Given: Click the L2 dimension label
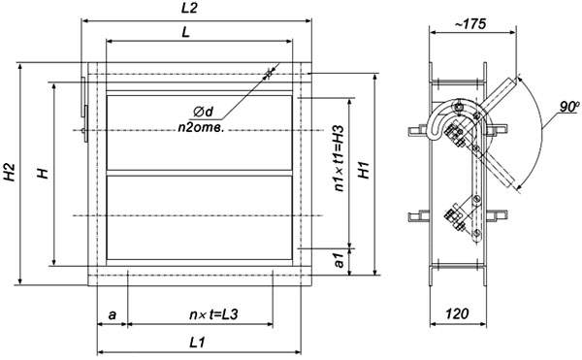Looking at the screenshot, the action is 189,9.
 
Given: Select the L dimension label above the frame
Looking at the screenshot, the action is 185,32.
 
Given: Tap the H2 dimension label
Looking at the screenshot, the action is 10,172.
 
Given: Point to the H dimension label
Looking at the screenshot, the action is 45,173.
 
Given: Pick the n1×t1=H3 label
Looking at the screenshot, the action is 339,158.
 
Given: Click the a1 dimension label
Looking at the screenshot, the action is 339,260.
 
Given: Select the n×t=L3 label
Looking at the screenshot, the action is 213,314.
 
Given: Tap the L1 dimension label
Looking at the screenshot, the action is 197,343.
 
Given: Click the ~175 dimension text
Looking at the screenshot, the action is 469,24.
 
